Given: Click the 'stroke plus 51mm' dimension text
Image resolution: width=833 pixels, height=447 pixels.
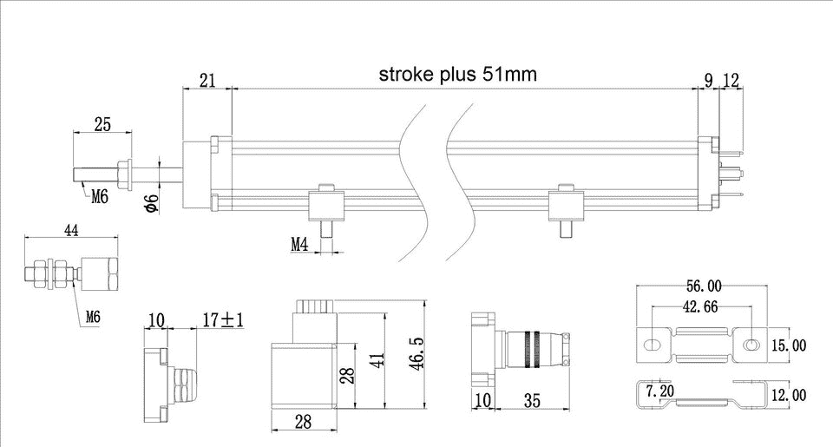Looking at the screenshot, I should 457,75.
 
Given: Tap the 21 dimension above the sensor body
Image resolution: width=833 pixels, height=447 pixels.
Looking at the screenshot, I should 208,81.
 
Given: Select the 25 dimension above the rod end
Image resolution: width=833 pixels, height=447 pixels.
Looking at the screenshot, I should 102,125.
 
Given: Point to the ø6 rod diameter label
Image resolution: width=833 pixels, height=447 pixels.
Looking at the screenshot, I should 151,203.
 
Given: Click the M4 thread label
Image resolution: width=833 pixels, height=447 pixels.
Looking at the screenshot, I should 299,245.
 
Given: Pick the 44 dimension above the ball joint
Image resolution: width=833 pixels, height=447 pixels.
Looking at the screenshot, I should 72,230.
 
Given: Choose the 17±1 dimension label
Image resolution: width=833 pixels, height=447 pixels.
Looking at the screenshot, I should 222,321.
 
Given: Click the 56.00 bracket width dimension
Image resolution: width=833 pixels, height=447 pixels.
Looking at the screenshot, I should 704,286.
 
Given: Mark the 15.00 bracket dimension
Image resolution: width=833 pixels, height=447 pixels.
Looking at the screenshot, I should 789,345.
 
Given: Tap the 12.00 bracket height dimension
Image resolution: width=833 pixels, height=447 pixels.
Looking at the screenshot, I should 789,395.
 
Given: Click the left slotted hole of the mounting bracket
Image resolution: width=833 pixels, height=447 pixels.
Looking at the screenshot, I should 652,345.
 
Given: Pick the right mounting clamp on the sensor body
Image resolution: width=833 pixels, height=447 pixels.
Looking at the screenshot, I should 567,205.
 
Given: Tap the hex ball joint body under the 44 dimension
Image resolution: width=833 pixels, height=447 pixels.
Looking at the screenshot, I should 99,273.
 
